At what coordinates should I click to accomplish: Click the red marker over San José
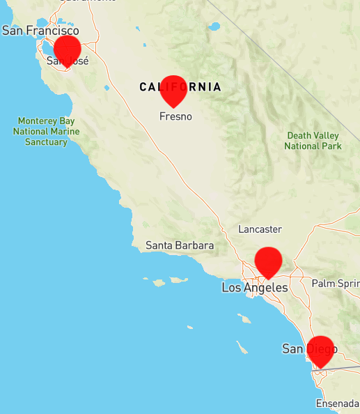[68, 49]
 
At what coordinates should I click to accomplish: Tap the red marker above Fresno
[173, 89]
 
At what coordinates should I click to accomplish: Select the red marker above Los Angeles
[268, 261]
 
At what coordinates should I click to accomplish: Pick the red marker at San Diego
[321, 350]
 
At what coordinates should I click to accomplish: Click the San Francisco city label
[40, 31]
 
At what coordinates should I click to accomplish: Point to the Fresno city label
[175, 116]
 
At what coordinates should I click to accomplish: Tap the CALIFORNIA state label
[180, 87]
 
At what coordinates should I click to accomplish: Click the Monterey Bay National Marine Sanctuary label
[47, 131]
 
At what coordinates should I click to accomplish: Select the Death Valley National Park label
[313, 140]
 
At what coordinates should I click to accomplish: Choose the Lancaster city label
[260, 229]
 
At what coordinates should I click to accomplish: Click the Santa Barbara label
[180, 245]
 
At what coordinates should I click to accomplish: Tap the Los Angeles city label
[255, 287]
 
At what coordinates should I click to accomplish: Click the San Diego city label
[308, 348]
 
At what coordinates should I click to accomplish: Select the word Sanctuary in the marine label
[47, 141]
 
